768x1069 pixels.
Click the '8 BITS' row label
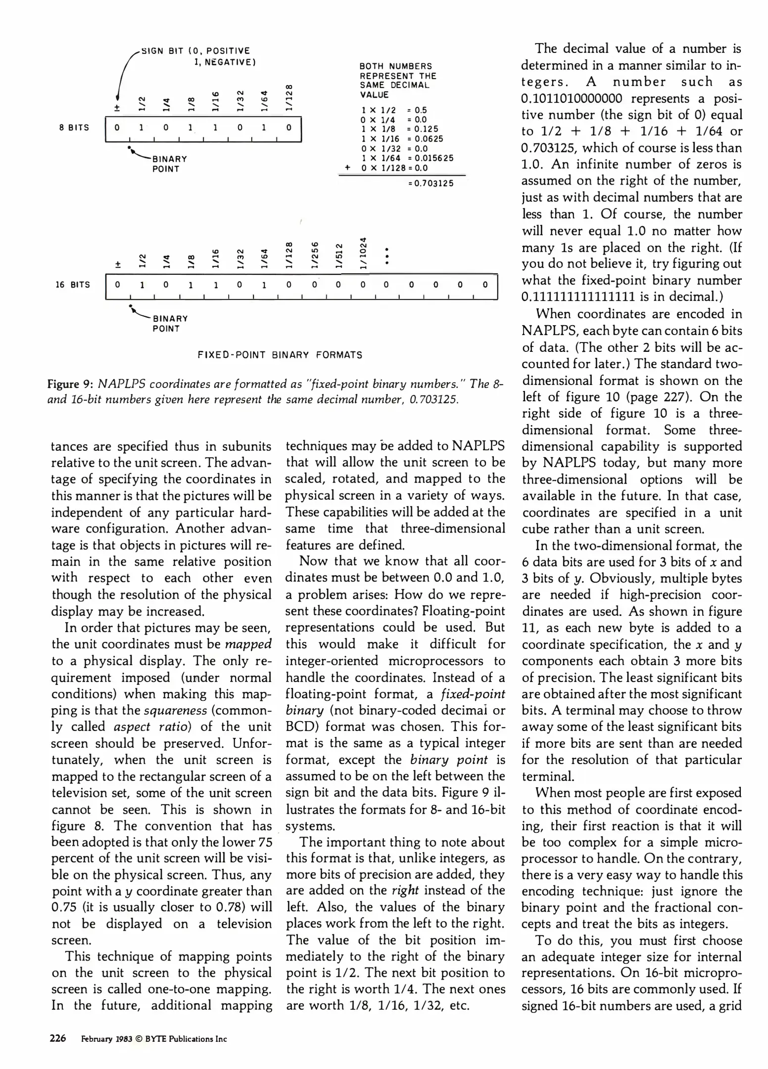[x=74, y=128]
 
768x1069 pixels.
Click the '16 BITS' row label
[x=73, y=285]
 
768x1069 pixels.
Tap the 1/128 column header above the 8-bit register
[x=290, y=98]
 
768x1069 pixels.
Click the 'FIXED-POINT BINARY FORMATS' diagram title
[x=280, y=355]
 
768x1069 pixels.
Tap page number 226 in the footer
[x=58, y=1038]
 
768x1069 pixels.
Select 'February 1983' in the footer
[x=107, y=1039]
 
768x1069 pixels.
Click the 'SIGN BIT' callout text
[x=163, y=51]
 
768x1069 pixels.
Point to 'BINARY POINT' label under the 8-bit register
[x=170, y=164]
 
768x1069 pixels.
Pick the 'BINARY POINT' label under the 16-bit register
[x=170, y=324]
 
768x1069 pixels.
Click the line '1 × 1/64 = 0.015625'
[x=407, y=158]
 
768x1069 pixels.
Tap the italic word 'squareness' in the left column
[x=175, y=711]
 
